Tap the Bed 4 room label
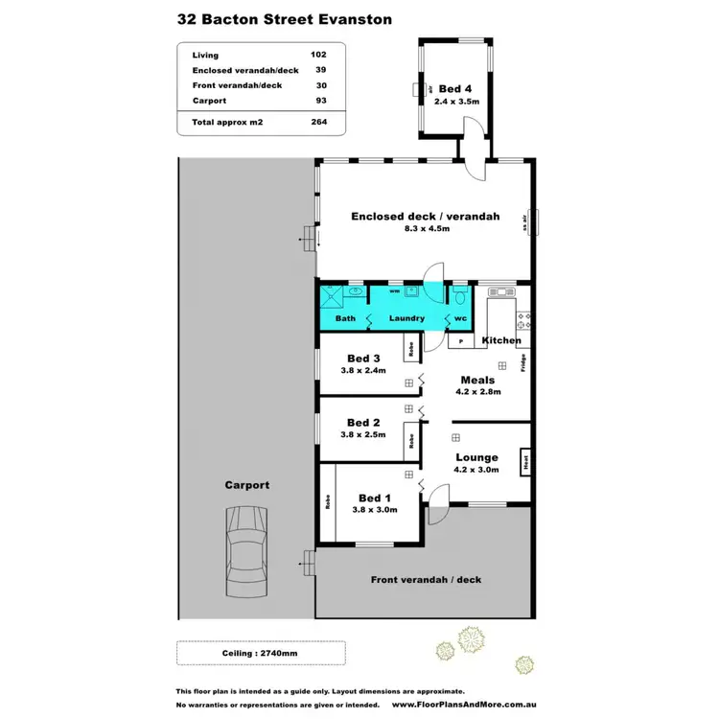pyautogui.click(x=455, y=86)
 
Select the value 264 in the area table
pyautogui.click(x=321, y=123)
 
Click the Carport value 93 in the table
pyautogui.click(x=322, y=100)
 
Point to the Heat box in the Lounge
pyautogui.click(x=525, y=461)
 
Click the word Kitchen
pyautogui.click(x=501, y=340)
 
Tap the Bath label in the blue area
pyautogui.click(x=345, y=318)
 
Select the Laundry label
pyautogui.click(x=406, y=318)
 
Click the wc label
pyautogui.click(x=460, y=318)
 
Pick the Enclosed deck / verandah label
pyautogui.click(x=426, y=217)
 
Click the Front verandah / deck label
pyautogui.click(x=426, y=579)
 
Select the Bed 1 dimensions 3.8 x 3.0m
pyautogui.click(x=373, y=510)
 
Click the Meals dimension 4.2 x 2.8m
pyautogui.click(x=477, y=391)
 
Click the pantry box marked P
pyautogui.click(x=461, y=341)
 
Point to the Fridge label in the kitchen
pyautogui.click(x=523, y=364)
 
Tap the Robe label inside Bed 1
pyautogui.click(x=328, y=500)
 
